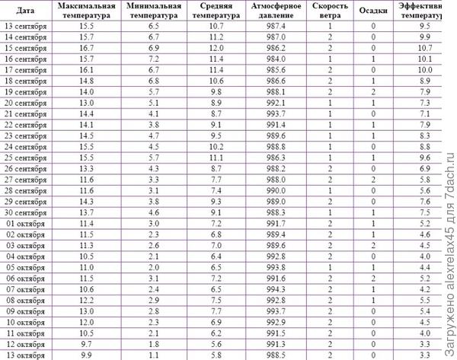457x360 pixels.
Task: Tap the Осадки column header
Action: tap(372, 11)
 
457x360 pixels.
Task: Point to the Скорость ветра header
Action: tap(330, 11)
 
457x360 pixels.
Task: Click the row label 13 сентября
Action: tap(24, 25)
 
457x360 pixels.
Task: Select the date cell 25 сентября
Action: tap(24, 157)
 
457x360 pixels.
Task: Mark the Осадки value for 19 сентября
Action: tap(372, 91)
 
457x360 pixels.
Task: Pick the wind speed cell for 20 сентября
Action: tap(330, 102)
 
